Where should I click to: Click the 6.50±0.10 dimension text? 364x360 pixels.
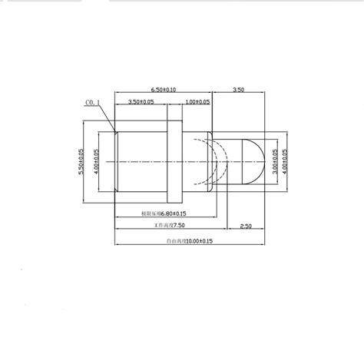[163, 90]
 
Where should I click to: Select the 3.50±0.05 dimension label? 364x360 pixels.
[141, 101]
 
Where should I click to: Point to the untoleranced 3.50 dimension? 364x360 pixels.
[239, 90]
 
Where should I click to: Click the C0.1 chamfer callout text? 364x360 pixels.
[91, 101]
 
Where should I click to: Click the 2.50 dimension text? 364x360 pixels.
[247, 226]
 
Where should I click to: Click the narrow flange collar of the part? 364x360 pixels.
[174, 160]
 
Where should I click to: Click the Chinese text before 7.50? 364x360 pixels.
[164, 226]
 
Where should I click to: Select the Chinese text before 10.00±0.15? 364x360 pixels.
[177, 241]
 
